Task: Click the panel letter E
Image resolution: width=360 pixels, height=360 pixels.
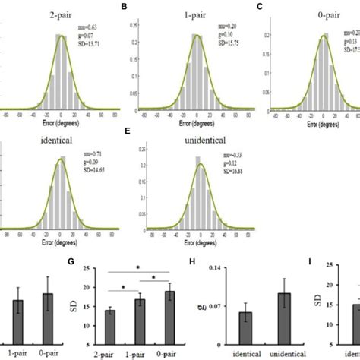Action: [x=126, y=139]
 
